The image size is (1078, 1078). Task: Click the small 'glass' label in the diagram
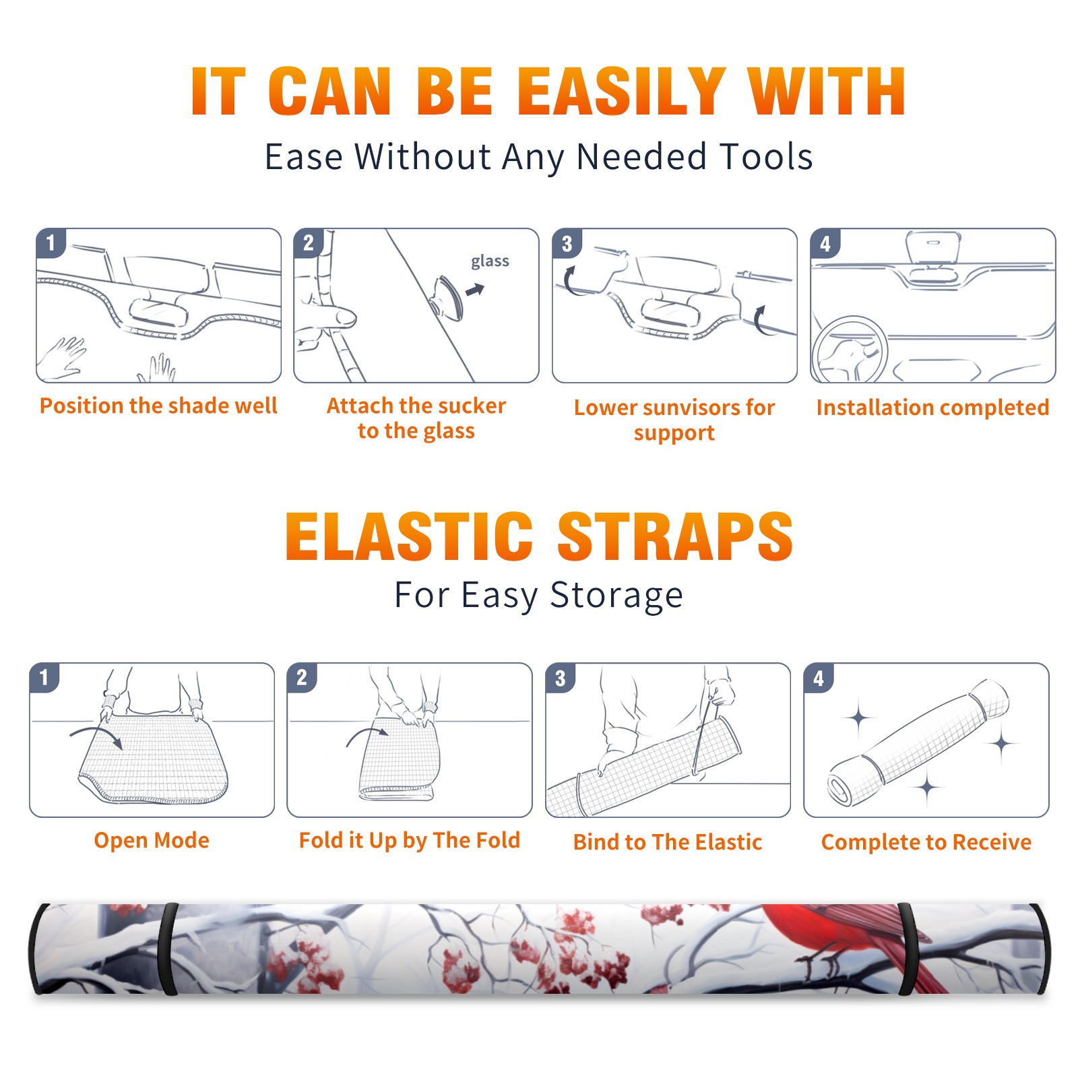[x=490, y=261]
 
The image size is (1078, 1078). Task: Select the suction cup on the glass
[x=447, y=297]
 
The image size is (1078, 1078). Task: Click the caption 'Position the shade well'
[x=158, y=406]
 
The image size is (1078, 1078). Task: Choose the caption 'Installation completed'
[x=932, y=407]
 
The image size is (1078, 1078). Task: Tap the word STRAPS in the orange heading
[x=675, y=536]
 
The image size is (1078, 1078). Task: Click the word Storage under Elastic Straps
[x=616, y=596]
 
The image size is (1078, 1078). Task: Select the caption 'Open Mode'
[x=152, y=840]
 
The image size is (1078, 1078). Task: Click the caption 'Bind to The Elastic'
[x=668, y=842]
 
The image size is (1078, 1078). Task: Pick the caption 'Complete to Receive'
[x=926, y=842]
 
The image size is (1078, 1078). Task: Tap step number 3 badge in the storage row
[x=561, y=678]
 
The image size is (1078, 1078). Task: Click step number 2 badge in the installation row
[x=309, y=243]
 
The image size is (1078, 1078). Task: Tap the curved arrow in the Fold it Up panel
[x=368, y=736]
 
